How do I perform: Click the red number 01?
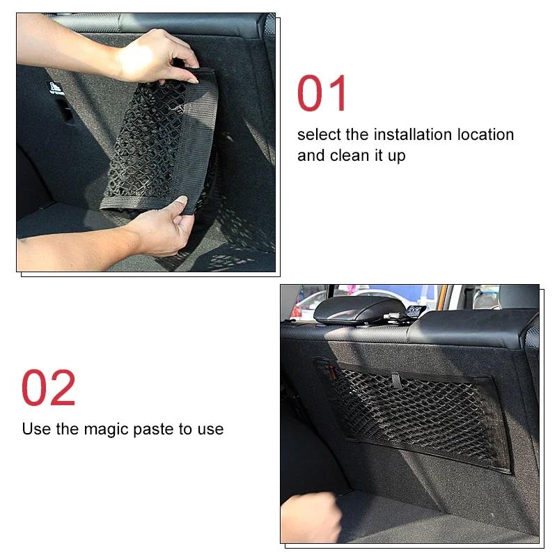tap(322, 94)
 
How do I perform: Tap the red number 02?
tap(48, 389)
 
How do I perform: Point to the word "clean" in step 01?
tap(351, 155)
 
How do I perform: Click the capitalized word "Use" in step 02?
tap(36, 429)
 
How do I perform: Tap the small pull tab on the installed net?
tap(395, 380)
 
